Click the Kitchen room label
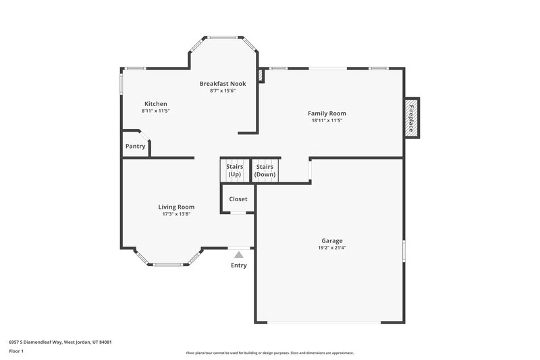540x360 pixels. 155,104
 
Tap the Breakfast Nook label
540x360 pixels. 222,84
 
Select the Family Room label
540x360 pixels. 327,113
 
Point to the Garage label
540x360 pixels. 331,240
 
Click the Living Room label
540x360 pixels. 176,207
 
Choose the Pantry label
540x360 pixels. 135,147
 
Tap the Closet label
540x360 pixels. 238,199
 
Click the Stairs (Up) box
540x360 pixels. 234,170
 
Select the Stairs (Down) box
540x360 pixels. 265,170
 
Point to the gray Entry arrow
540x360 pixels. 238,255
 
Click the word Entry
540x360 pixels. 239,265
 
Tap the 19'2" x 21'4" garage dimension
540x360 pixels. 331,248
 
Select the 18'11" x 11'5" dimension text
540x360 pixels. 327,121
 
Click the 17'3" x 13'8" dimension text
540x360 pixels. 176,214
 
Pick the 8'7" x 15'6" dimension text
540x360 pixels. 222,91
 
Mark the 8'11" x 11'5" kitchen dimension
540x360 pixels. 155,111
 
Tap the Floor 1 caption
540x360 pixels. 16,351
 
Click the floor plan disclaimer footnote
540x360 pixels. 269,353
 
